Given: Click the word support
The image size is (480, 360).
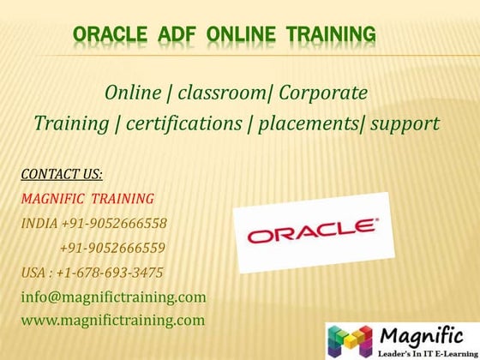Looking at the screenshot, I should (x=403, y=123).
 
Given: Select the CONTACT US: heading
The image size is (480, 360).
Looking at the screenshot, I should (x=62, y=175).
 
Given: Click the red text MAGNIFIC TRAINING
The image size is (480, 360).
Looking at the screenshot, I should (x=87, y=199).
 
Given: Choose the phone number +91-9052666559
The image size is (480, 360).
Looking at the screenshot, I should (x=112, y=249).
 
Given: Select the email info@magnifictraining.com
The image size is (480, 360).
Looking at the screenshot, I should (x=113, y=297).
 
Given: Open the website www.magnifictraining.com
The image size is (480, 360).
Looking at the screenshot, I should (x=113, y=321).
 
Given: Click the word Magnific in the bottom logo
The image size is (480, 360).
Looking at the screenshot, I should (x=420, y=332).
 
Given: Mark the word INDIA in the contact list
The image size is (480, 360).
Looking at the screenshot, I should (x=39, y=224).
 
